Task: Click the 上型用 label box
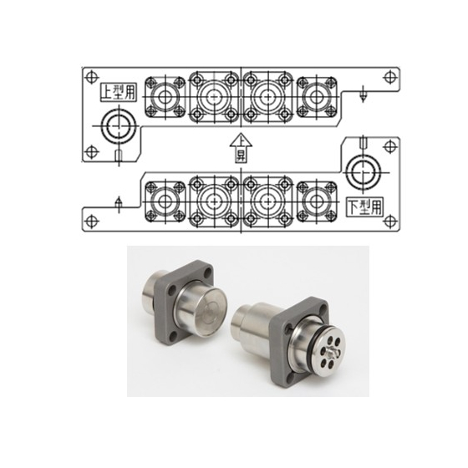pyautogui.click(x=118, y=92)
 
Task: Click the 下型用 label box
pyautogui.click(x=365, y=206)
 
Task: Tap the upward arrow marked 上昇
pyautogui.click(x=241, y=149)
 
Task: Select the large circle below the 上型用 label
pyautogui.click(x=119, y=125)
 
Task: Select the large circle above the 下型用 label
pyautogui.click(x=364, y=172)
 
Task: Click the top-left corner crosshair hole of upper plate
pyautogui.click(x=92, y=77)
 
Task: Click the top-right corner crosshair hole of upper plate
pyautogui.click(x=389, y=77)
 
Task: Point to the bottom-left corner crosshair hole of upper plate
pyautogui.click(x=92, y=151)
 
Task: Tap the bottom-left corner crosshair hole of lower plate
pyautogui.click(x=92, y=221)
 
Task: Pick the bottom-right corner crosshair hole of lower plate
pyautogui.click(x=389, y=221)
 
